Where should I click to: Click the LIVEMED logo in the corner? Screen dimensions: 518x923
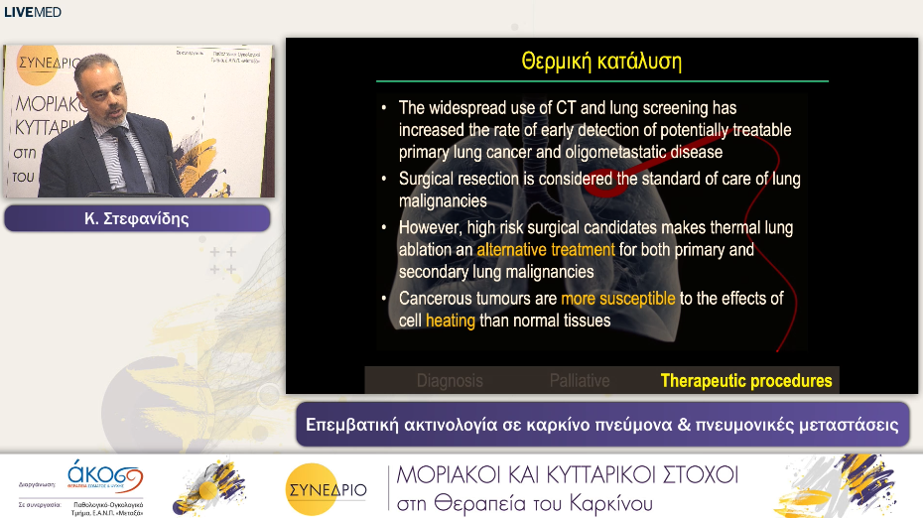pos(33,12)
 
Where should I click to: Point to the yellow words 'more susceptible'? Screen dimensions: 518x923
pos(617,298)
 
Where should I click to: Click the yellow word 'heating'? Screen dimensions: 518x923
pos(451,321)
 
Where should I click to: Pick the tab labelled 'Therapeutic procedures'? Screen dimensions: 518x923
pos(746,380)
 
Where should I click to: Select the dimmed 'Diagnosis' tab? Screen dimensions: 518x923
pos(450,380)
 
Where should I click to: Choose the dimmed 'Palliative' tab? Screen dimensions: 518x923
pos(580,380)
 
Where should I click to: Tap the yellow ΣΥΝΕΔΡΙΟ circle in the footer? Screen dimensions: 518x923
pos(326,487)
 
